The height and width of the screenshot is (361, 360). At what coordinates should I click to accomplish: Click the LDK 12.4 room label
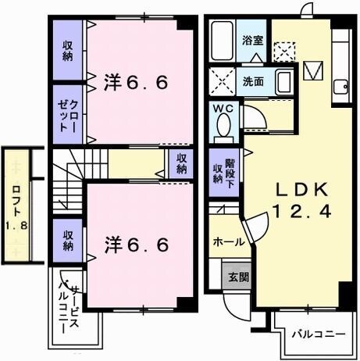[x=295, y=199]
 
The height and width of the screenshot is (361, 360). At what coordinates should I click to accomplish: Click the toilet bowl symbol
[x=224, y=126]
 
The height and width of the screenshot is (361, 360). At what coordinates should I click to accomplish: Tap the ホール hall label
[x=229, y=242]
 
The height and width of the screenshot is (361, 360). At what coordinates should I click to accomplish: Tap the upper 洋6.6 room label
[x=136, y=81]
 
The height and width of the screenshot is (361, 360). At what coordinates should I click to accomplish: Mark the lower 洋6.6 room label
[x=136, y=245]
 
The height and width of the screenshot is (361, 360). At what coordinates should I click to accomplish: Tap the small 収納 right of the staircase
[x=180, y=163]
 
